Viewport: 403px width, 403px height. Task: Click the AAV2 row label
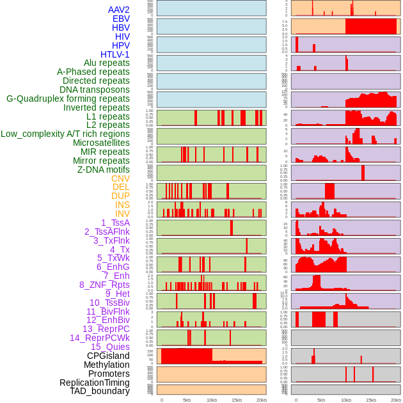click(118, 10)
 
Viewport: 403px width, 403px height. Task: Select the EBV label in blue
click(121, 19)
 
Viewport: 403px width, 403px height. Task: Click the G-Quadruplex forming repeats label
click(68, 99)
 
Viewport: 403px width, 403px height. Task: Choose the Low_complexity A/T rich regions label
click(65, 134)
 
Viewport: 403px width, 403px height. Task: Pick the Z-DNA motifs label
click(103, 170)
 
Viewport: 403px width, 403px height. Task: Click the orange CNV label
click(120, 178)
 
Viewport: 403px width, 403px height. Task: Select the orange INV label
click(122, 214)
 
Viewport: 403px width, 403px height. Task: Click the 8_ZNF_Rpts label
click(104, 285)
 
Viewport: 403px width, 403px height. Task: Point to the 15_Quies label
click(110, 347)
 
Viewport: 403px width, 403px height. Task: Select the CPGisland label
click(108, 356)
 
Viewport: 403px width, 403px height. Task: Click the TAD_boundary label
click(100, 391)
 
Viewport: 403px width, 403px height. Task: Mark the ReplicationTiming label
click(95, 383)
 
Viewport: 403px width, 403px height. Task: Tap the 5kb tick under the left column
click(187, 400)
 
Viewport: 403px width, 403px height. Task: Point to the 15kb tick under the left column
click(237, 400)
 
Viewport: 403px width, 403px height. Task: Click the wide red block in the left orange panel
click(187, 356)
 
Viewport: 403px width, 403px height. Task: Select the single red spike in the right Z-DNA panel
click(363, 173)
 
